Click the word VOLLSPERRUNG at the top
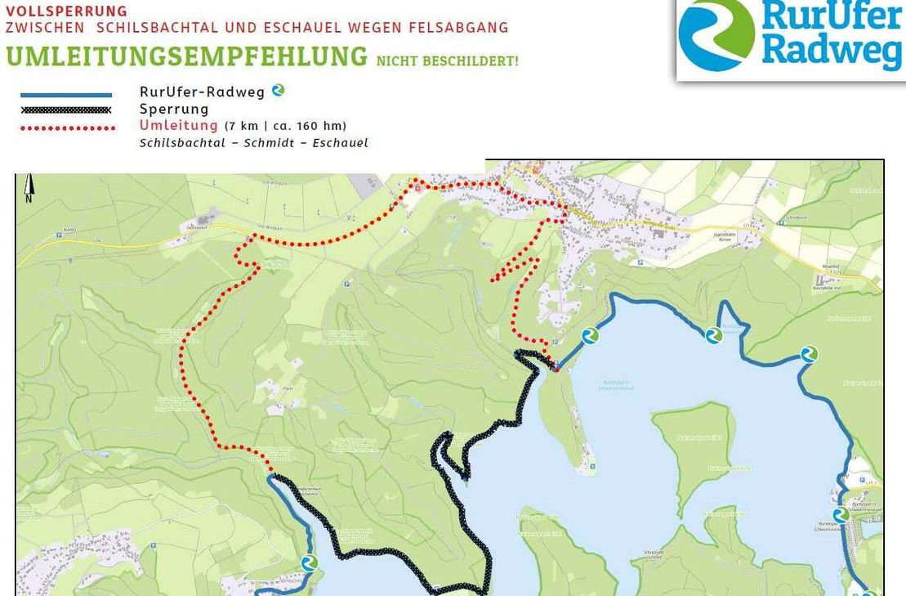tap(67, 11)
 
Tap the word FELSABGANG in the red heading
tap(465, 28)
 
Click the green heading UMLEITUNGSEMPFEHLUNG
tap(186, 57)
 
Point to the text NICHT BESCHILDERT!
tap(447, 61)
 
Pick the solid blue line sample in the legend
tap(66, 96)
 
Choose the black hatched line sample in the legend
tap(66, 110)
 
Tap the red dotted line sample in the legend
tap(68, 128)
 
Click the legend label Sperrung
tap(174, 109)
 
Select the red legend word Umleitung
tap(178, 125)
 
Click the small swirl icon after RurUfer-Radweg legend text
tap(278, 91)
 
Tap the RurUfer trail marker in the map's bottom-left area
tap(309, 562)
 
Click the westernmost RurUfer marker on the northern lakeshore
tap(590, 335)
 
